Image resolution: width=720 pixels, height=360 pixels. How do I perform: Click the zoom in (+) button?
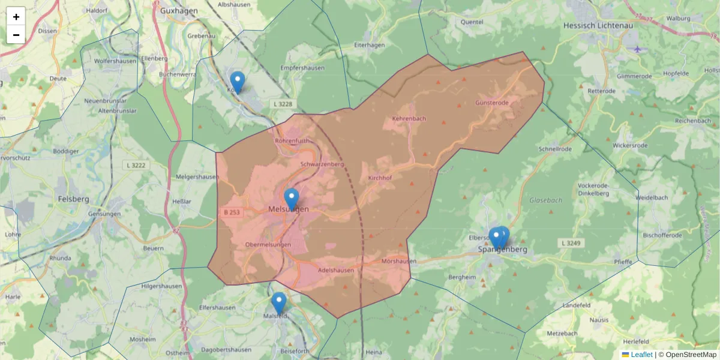[16, 17]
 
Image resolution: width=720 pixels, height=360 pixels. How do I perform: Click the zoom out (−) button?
[16, 35]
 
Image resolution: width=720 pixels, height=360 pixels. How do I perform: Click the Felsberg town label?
[74, 199]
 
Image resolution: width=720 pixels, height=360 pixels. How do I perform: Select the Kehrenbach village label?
[409, 118]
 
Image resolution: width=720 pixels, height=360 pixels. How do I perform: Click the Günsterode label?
[491, 103]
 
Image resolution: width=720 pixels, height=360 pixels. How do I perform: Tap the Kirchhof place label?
[380, 178]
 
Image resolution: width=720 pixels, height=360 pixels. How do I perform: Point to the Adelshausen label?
[336, 270]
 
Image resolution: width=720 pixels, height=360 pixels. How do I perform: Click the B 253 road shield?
[232, 212]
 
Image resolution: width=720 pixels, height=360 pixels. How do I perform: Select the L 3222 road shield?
[134, 164]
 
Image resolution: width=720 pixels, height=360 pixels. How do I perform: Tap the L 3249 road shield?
[571, 243]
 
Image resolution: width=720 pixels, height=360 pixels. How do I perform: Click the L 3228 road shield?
[283, 104]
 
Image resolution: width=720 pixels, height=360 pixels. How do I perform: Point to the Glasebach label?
[546, 200]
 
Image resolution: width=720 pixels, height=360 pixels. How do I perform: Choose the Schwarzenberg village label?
[321, 164]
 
